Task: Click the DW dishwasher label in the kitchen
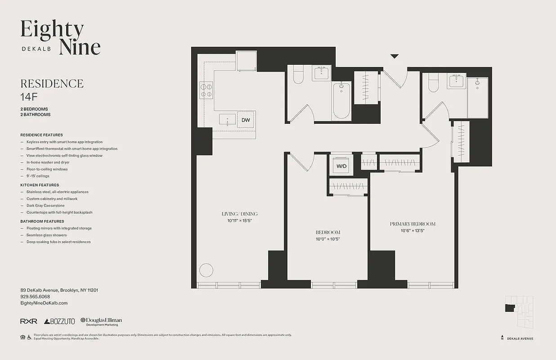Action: [246, 120]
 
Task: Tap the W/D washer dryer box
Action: [342, 166]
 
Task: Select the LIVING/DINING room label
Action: [239, 214]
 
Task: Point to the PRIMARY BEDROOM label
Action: [413, 224]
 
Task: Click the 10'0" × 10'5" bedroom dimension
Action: [327, 239]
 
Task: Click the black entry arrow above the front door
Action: [395, 56]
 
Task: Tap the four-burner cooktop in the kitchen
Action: [206, 90]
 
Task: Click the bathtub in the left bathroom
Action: [341, 101]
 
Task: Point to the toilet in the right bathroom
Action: [433, 83]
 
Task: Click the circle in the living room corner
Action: [206, 270]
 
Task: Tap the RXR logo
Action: [29, 321]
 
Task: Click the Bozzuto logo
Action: [60, 321]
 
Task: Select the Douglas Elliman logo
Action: [101, 321]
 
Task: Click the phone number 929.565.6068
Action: [35, 297]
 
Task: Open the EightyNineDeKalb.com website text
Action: [44, 303]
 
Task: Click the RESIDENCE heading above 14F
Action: [52, 84]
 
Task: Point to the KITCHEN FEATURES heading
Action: [40, 185]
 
